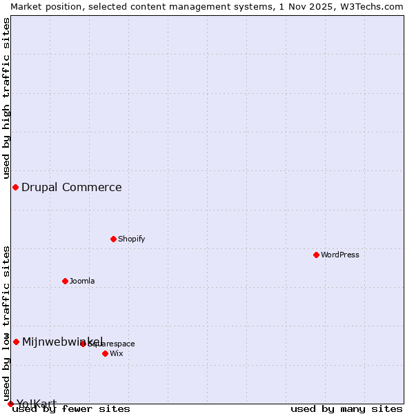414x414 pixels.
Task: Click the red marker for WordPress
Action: [x=316, y=255]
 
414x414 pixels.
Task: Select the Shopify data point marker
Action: [x=113, y=239]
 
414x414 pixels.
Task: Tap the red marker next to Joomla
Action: [x=65, y=281]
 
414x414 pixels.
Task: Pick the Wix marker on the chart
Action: [x=105, y=353]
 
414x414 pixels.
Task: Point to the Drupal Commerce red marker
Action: [x=15, y=187]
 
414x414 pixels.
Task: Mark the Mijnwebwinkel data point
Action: [x=16, y=342]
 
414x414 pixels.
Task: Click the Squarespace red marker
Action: [x=83, y=344]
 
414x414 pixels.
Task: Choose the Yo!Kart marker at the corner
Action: [x=10, y=404]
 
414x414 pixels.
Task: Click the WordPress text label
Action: [x=340, y=255]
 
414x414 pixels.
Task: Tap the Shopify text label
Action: [x=131, y=239]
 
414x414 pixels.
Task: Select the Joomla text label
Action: [x=82, y=281]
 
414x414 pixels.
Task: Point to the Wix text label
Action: [x=117, y=353]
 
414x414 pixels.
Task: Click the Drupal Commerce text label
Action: [x=72, y=187]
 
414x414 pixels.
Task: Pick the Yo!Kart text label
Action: [x=37, y=404]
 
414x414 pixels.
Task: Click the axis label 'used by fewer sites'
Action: [x=72, y=409]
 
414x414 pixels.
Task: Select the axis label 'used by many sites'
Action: [x=346, y=409]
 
